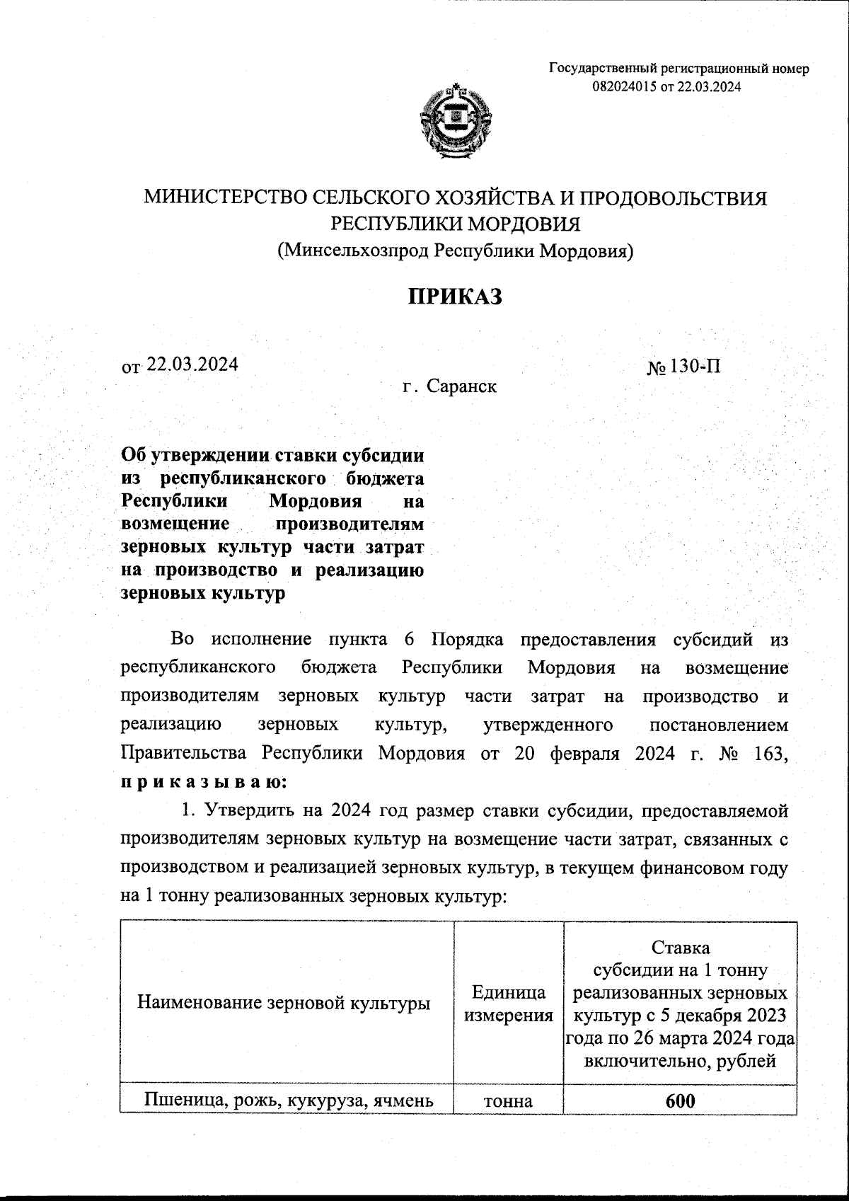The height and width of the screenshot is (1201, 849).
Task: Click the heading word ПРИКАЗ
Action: click(455, 297)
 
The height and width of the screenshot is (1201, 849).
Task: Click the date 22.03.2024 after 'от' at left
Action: click(192, 364)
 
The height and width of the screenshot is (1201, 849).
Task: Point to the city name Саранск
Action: click(460, 386)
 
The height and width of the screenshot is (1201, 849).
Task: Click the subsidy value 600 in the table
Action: click(680, 1101)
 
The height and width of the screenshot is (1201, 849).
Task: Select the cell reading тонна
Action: click(507, 1101)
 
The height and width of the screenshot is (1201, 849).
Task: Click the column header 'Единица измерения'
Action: click(507, 1004)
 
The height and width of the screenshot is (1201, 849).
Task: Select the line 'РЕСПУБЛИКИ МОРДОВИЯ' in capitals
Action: click(456, 224)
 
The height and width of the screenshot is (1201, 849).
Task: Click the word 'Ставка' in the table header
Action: click(680, 948)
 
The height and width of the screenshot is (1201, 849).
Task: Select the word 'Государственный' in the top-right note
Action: click(602, 69)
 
